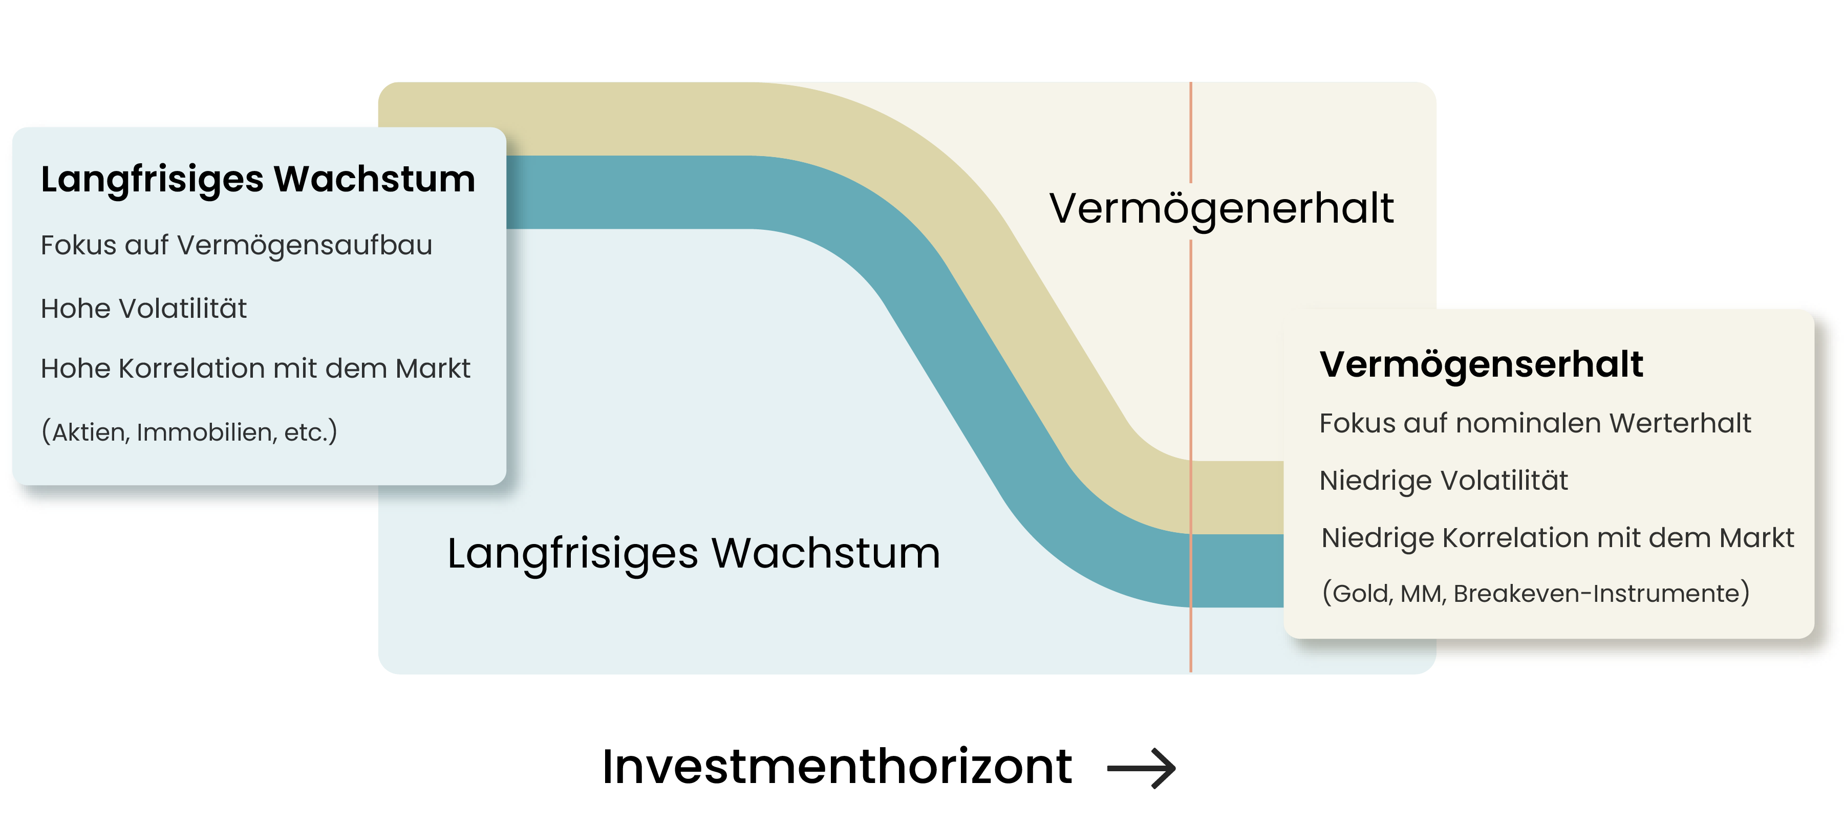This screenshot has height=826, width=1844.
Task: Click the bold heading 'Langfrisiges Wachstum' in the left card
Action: [x=258, y=179]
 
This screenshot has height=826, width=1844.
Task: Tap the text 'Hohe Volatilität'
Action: [x=143, y=309]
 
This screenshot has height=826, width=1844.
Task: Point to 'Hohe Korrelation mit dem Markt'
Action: [x=255, y=368]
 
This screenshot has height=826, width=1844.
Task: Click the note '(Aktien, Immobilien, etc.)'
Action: [x=189, y=431]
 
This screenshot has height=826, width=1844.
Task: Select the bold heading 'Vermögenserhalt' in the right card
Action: [x=1481, y=364]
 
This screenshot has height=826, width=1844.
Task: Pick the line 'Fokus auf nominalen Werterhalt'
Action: [x=1535, y=424]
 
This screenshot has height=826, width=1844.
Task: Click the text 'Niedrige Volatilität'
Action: [x=1443, y=480]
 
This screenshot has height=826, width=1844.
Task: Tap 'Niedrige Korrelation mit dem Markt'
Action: [x=1557, y=537]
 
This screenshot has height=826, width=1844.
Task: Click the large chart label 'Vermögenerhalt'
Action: [x=1221, y=208]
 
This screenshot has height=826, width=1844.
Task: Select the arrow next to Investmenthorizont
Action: [x=1141, y=769]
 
